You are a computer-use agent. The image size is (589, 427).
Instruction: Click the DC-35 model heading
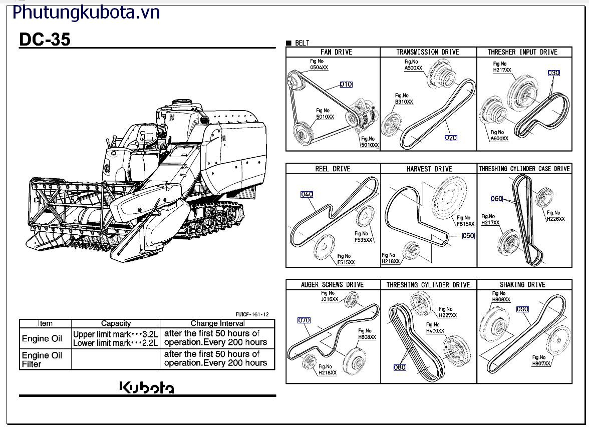click(x=45, y=40)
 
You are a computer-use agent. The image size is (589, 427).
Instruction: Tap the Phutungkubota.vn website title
click(x=86, y=13)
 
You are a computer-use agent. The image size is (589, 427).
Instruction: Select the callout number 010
click(x=346, y=85)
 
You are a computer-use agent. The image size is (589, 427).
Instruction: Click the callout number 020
click(x=451, y=138)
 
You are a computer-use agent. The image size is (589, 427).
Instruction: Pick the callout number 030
click(x=553, y=73)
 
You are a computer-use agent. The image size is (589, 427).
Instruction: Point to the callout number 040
click(x=307, y=194)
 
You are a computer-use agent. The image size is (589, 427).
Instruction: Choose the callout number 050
click(x=468, y=236)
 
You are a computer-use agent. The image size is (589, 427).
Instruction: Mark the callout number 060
click(x=496, y=199)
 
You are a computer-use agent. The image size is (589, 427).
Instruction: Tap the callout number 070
click(x=304, y=320)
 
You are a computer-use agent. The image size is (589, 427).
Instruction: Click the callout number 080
click(x=400, y=367)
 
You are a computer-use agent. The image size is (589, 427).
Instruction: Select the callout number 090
click(x=522, y=309)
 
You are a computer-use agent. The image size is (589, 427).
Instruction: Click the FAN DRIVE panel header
click(x=336, y=52)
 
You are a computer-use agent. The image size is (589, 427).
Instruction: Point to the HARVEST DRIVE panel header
click(x=429, y=169)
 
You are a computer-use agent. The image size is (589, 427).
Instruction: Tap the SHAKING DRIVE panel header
click(x=522, y=285)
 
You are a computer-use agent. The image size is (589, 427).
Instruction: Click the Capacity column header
click(x=116, y=323)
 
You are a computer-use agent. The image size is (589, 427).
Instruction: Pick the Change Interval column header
click(x=217, y=323)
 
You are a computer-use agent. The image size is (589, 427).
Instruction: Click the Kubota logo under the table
click(x=147, y=387)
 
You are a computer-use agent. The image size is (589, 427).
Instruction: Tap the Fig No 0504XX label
click(x=319, y=65)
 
